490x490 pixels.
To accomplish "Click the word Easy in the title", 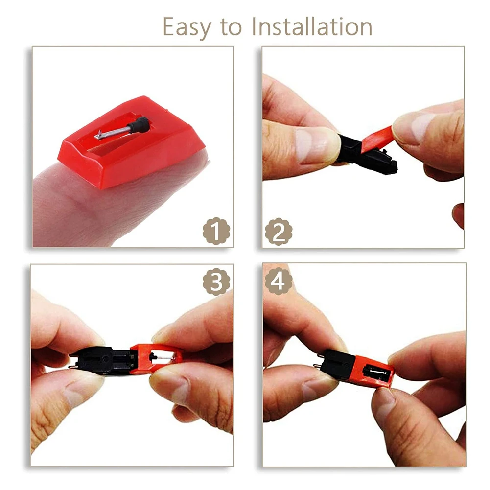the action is pyautogui.click(x=187, y=27).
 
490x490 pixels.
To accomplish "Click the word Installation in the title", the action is pyautogui.click(x=312, y=26).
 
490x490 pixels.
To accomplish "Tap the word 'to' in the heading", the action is pyautogui.click(x=231, y=27).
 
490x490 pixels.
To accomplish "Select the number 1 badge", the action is pyautogui.click(x=216, y=231).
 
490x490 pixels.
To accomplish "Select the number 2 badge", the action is pyautogui.click(x=279, y=232).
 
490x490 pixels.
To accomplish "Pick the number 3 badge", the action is pyautogui.click(x=216, y=281).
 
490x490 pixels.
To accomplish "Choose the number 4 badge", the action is pyautogui.click(x=279, y=281).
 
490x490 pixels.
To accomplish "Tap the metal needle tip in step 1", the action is pyautogui.click(x=99, y=135).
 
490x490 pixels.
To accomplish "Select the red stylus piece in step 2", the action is pyautogui.click(x=377, y=139).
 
